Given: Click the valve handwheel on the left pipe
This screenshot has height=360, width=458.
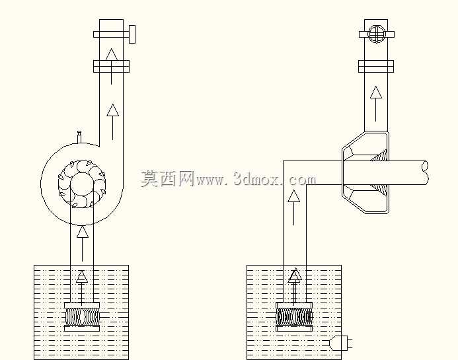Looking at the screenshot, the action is point(132,34).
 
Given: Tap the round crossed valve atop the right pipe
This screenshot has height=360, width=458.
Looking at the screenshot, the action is point(376,34).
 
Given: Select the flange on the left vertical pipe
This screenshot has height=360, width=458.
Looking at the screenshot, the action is point(111,66).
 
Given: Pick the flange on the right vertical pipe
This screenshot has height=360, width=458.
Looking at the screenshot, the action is point(376,66).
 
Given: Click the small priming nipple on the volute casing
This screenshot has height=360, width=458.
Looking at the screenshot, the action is point(79,137).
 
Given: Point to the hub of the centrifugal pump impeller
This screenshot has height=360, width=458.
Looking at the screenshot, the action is point(82,184).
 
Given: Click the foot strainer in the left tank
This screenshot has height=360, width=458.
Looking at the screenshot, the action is point(82,317).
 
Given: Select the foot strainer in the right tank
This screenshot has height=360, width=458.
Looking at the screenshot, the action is point(295,317).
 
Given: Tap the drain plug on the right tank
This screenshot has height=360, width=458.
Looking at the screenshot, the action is point(340,343).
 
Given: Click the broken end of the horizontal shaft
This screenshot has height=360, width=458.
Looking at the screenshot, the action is point(426,173).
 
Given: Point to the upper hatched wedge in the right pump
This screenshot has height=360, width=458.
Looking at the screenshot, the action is point(379,155).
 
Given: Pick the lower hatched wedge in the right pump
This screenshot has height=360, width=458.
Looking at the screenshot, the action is point(380,192).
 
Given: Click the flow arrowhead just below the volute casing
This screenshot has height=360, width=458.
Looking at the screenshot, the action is point(83,232).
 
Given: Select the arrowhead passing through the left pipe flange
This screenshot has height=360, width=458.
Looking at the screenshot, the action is point(111,55).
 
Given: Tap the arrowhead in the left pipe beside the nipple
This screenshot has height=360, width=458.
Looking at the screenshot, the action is point(113,110).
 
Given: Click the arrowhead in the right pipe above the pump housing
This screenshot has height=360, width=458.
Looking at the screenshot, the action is point(376,92).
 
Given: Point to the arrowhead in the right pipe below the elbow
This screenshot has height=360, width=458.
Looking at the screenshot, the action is point(294,196).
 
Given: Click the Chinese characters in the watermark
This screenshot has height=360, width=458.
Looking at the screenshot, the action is point(167,178).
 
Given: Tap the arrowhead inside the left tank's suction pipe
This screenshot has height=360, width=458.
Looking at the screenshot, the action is point(82,277).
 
